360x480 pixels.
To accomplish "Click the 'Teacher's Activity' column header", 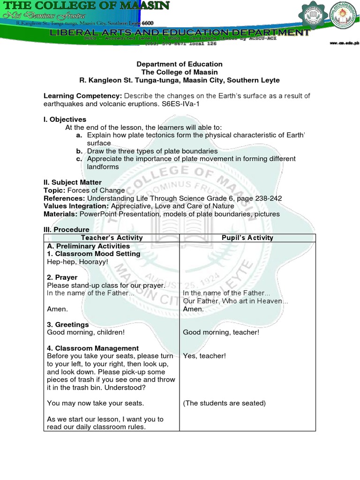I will [111, 238].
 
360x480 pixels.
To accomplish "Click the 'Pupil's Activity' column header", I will [247, 238].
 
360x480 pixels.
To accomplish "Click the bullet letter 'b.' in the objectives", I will [79, 151].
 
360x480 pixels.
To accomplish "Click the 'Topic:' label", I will [54, 190].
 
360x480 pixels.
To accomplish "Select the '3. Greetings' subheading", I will [68, 324].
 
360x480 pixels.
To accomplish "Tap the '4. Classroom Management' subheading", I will [93, 348].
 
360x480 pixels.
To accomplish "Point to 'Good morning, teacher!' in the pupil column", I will [221, 332].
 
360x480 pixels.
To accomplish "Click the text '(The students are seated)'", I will [224, 403].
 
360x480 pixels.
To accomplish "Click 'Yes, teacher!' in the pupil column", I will [204, 356].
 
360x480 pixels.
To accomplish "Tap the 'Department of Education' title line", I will [180, 64].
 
